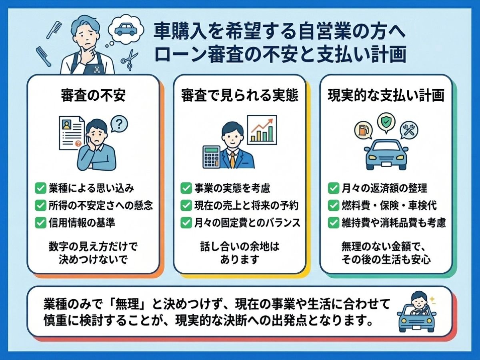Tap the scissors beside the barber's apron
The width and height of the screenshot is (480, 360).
click(x=129, y=59)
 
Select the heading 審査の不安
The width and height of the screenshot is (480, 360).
click(x=93, y=96)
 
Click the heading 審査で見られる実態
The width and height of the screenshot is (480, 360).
click(x=240, y=96)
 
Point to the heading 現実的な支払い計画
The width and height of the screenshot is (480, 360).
click(x=386, y=96)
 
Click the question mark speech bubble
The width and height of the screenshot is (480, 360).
click(x=119, y=124)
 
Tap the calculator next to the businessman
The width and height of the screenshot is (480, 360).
click(x=212, y=157)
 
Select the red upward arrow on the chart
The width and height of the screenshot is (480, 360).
click(x=262, y=126)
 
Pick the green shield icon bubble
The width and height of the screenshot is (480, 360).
click(x=386, y=123)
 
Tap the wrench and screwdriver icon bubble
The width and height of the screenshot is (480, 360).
click(x=409, y=130)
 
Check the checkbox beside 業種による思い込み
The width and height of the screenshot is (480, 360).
click(x=40, y=188)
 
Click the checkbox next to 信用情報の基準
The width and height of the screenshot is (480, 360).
click(x=40, y=223)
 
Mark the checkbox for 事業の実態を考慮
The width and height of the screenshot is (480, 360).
click(x=186, y=188)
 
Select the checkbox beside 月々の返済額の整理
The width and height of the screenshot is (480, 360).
click(x=334, y=188)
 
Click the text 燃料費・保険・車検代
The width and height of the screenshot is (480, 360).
click(x=390, y=206)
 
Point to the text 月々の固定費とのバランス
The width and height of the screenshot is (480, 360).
click(x=247, y=223)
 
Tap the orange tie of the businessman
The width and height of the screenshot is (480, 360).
click(x=233, y=160)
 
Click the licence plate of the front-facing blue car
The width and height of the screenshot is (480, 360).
click(x=386, y=164)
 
